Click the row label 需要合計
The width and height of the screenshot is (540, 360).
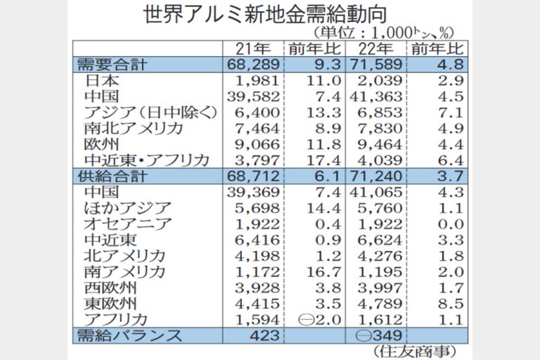click(112, 65)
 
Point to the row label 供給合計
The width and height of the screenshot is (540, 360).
click(112, 176)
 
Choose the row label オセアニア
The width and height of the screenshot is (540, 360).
click(127, 224)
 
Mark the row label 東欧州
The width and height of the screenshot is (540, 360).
click(110, 304)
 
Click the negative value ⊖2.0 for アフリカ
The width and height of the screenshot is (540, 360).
click(316, 320)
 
